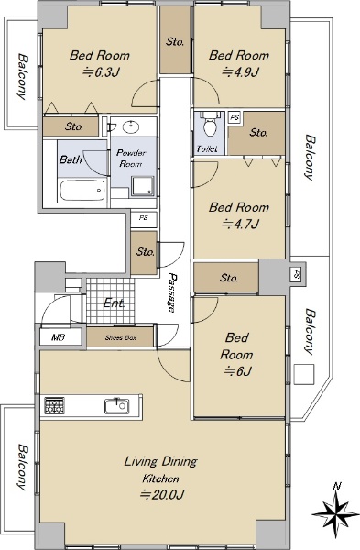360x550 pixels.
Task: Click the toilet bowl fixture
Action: point(209,125)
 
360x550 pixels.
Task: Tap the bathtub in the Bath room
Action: point(82,191)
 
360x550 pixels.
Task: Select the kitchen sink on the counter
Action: point(116,406)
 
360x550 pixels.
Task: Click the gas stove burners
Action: point(54,406)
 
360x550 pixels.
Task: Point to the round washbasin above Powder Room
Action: point(132,126)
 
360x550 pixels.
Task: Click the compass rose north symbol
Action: point(336,511)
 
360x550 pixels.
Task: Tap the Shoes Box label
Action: point(120,338)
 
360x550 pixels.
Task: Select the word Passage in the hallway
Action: point(172,292)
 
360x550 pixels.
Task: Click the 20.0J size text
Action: point(161,495)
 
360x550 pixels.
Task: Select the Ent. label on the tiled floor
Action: point(114,302)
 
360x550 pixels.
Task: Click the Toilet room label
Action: point(207,148)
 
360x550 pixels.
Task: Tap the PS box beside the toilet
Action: point(235,117)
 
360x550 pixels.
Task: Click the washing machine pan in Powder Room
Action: point(143,186)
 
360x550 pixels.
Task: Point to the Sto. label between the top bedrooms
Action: point(175,42)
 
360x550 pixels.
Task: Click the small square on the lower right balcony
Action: point(304,374)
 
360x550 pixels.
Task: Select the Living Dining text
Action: point(161,462)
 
